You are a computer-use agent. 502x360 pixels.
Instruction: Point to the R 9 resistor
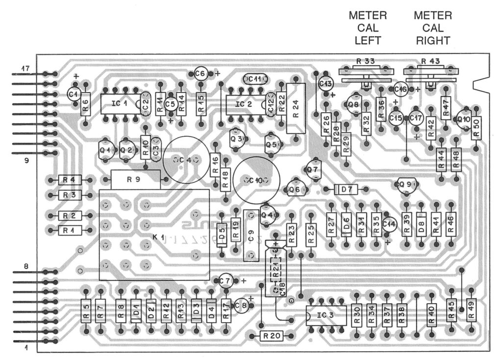135,179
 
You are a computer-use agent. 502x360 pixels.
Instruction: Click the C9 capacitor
251,235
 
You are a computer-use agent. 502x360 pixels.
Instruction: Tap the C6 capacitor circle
200,73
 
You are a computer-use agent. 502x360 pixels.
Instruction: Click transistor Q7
312,169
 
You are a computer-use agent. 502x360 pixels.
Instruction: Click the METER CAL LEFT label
368,28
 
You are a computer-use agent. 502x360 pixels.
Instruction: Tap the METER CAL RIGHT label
433,28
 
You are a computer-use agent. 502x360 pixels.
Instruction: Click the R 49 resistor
471,311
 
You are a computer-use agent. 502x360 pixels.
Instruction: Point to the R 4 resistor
69,180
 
